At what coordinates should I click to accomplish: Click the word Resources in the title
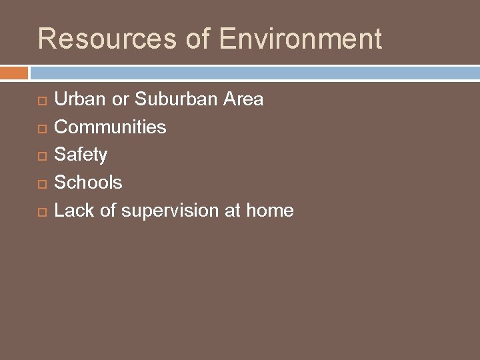pyautogui.click(x=107, y=39)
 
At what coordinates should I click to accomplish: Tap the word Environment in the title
pyautogui.click(x=300, y=39)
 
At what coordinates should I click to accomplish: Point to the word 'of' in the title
pyautogui.click(x=198, y=39)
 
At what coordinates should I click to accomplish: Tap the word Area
pyautogui.click(x=243, y=99)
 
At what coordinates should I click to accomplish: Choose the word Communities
pyautogui.click(x=110, y=127)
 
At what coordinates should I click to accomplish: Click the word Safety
pyautogui.click(x=80, y=155)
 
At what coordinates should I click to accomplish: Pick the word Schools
pyautogui.click(x=88, y=182)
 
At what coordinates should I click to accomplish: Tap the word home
pyautogui.click(x=269, y=211)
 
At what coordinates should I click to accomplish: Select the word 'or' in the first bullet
pyautogui.click(x=121, y=99)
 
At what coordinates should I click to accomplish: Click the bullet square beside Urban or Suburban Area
pyautogui.click(x=42, y=101)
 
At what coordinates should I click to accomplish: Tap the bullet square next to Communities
pyautogui.click(x=42, y=128)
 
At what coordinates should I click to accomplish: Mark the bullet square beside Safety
pyautogui.click(x=42, y=156)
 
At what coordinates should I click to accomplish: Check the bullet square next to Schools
pyautogui.click(x=42, y=183)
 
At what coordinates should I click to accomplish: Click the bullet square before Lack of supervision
pyautogui.click(x=42, y=211)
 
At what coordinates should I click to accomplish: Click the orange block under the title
pyautogui.click(x=14, y=73)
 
